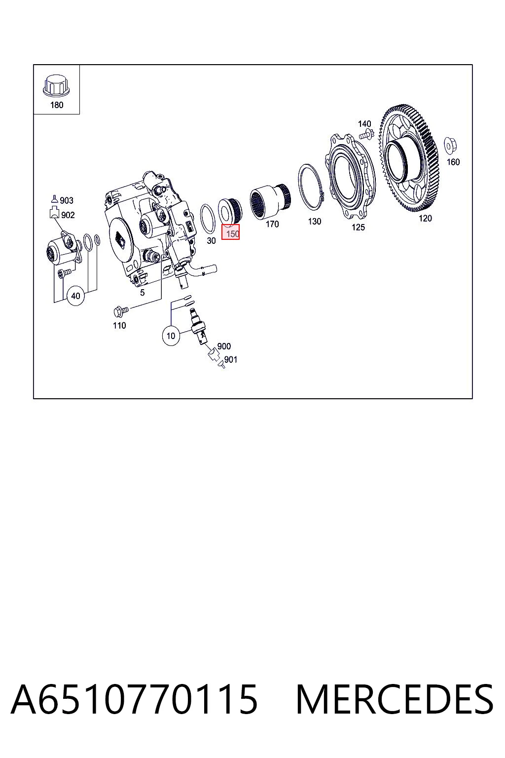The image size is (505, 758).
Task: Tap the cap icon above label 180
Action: click(56, 85)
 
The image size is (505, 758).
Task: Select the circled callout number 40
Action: click(75, 296)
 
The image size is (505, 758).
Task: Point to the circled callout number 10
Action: click(171, 336)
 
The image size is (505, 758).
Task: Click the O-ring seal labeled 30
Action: click(208, 219)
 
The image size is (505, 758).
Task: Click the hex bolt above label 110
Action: click(120, 309)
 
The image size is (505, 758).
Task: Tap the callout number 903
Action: click(67, 201)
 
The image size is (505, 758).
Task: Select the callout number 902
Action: click(68, 215)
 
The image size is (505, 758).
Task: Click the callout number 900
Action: click(224, 346)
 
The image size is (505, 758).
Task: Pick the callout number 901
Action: click(231, 359)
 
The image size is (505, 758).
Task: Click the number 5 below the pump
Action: click(143, 292)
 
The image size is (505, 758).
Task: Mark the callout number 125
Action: click(358, 227)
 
